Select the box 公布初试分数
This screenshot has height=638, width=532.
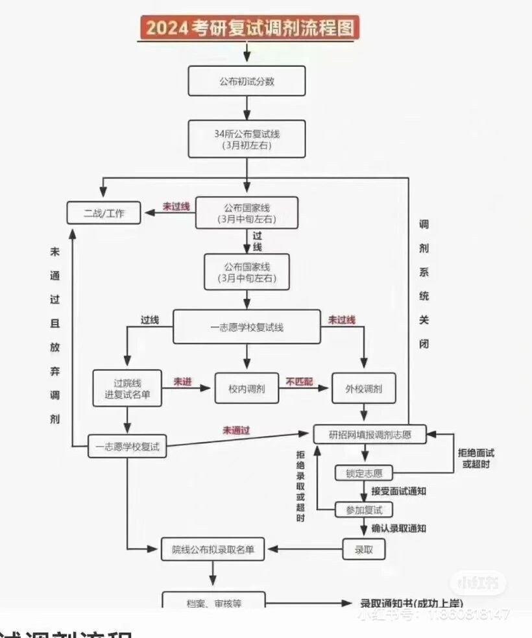(247, 81)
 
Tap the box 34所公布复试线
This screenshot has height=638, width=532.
(247, 138)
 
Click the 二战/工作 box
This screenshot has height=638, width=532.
(104, 213)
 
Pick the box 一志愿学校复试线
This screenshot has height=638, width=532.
(247, 327)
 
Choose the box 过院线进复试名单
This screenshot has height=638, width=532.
(127, 388)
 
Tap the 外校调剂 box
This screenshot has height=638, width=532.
(364, 389)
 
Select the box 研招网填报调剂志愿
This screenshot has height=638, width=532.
(370, 434)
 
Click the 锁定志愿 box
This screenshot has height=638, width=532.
(364, 473)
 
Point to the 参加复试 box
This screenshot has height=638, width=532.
(364, 509)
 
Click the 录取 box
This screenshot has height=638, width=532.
(364, 550)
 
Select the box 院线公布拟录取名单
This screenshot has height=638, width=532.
(213, 550)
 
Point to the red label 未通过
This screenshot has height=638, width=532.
(237, 430)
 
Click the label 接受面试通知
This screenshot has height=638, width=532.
(398, 491)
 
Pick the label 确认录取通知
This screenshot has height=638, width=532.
(398, 528)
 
